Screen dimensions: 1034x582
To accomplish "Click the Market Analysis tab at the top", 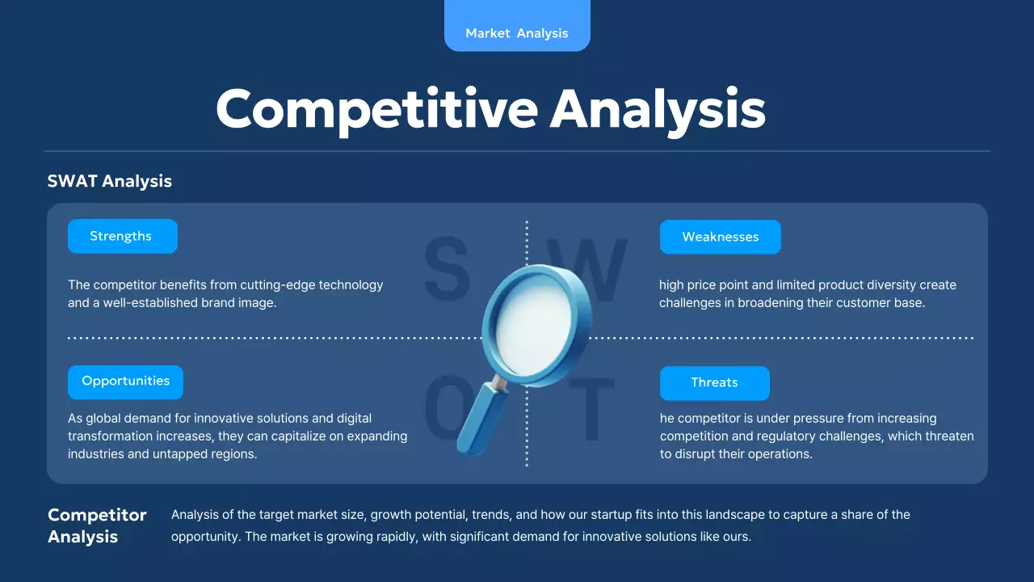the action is (x=517, y=25).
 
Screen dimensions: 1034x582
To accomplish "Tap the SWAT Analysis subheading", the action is (x=109, y=181).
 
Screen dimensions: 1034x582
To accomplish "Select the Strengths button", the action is (x=123, y=236).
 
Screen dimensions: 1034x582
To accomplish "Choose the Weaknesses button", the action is (x=720, y=237).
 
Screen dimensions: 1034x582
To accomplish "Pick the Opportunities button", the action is (x=125, y=382).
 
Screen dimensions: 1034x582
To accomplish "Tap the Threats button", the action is (x=715, y=383).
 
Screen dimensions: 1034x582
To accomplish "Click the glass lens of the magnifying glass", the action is (x=534, y=324).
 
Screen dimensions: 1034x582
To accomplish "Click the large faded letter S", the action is (x=447, y=268).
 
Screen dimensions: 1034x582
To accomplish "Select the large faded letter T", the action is (x=591, y=409).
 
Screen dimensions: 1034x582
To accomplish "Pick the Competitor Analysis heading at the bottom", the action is (x=97, y=525).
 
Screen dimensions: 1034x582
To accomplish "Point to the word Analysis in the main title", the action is (x=658, y=111).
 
